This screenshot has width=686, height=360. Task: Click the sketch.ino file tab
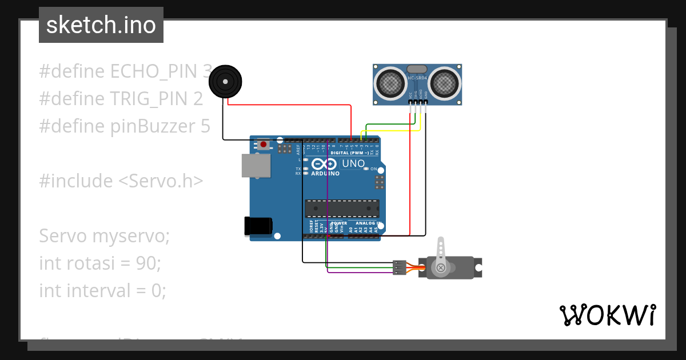(101, 25)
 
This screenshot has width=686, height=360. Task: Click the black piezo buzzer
(225, 81)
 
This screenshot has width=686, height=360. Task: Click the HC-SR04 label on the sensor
(418, 78)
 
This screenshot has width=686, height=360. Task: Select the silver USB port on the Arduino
(256, 166)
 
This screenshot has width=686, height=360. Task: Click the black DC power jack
(258, 226)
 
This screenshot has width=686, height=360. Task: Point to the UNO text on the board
(353, 163)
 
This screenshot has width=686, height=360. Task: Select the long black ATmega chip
(342, 209)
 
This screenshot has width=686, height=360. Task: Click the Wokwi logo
(607, 315)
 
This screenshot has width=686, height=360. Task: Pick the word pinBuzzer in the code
(153, 126)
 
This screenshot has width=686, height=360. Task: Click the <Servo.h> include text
(161, 181)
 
